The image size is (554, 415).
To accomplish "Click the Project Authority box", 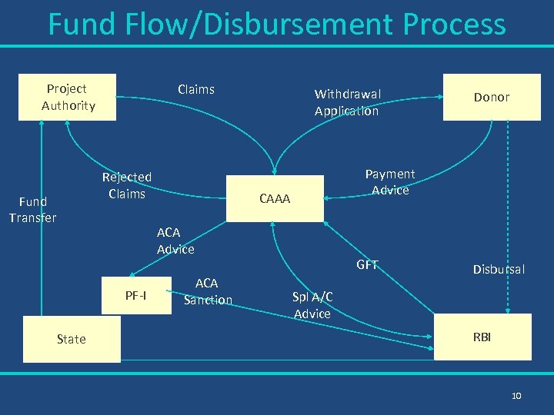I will (68, 98).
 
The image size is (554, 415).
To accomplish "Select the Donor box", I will (492, 97).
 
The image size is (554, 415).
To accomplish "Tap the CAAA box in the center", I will (275, 199).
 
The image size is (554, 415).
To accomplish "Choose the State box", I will (72, 339).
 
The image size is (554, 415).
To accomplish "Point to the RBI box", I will (482, 337).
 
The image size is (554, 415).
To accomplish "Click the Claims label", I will (195, 90).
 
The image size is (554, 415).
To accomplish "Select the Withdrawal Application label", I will (347, 102).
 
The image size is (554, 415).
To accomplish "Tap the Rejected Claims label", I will (127, 185).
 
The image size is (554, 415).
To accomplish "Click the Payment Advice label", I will (390, 182).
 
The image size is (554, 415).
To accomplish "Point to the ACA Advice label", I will (175, 241).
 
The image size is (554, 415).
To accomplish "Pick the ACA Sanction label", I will (208, 291).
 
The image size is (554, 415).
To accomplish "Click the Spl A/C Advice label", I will (312, 305).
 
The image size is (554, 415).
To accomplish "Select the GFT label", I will (367, 265).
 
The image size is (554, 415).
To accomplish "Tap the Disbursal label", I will (499, 269).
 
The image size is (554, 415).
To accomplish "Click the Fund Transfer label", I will (32, 210).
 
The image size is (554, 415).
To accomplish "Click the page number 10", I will (516, 395).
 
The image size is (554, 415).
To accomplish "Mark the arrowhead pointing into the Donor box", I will (442, 97).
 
